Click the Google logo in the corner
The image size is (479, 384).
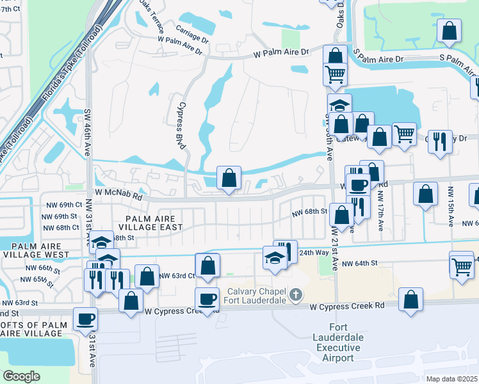pos(22,376)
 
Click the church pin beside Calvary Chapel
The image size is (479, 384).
pos(295,295)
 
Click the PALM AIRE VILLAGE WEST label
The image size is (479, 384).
pos(37,250)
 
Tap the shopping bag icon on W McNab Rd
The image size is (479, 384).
pos(229,179)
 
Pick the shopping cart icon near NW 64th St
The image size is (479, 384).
pos(462,268)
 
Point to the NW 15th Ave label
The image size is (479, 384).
pos(451,205)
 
